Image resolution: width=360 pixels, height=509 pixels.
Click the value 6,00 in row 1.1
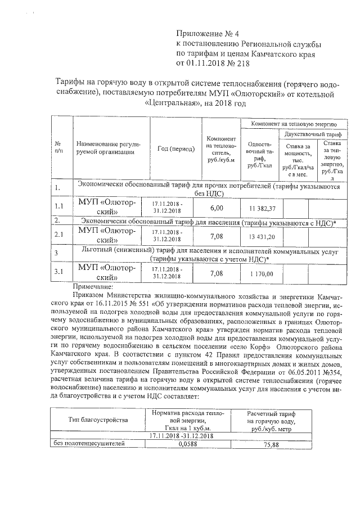pyautogui.click(x=217, y=208)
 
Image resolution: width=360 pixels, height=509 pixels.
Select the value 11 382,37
pyautogui.click(x=259, y=209)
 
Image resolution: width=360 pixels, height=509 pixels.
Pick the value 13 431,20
pyautogui.click(x=259, y=237)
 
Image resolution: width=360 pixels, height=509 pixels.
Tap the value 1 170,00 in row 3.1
pyautogui.click(x=259, y=274)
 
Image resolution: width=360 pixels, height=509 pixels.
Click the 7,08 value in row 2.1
pyautogui.click(x=217, y=236)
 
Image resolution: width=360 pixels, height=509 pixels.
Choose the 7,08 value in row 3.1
pyautogui.click(x=217, y=274)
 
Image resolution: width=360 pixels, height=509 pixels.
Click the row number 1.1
pyautogui.click(x=59, y=207)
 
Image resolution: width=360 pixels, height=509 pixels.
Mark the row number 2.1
pyautogui.click(x=59, y=235)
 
